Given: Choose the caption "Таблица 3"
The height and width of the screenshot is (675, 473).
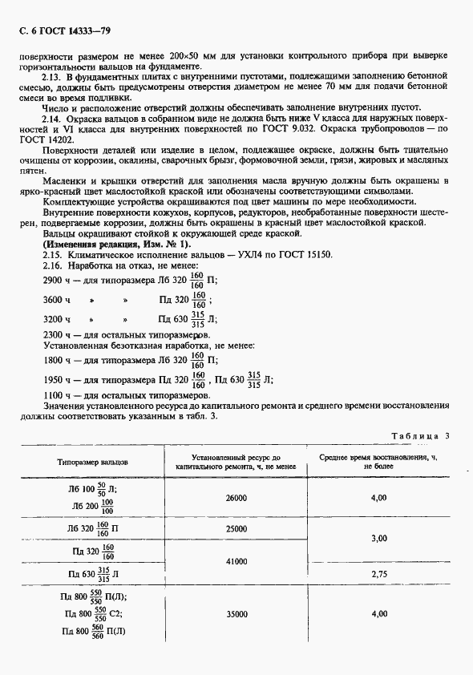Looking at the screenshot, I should point(420,436).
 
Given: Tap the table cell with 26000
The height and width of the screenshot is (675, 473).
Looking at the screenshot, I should point(236,498).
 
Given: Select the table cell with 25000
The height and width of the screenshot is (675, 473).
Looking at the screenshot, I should point(236,529).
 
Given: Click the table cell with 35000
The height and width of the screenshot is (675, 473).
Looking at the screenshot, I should point(236,614).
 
